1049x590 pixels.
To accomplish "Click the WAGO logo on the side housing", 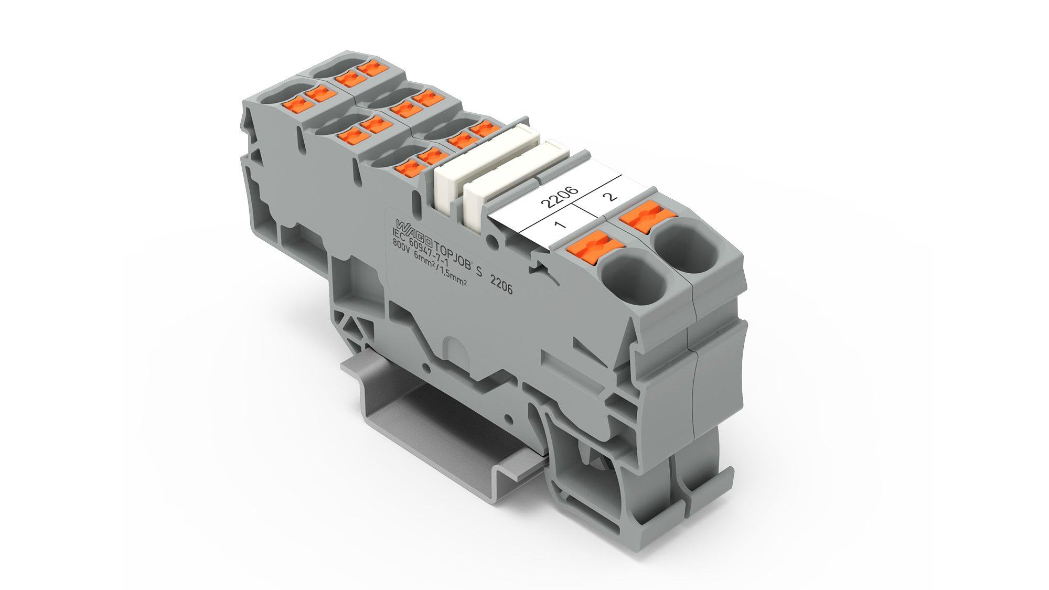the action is [414, 232].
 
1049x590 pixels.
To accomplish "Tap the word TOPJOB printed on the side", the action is [453, 255].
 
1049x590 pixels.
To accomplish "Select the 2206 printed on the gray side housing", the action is [501, 285].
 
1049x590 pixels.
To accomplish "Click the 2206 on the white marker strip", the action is [559, 196].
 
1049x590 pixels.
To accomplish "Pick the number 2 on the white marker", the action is [609, 196].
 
